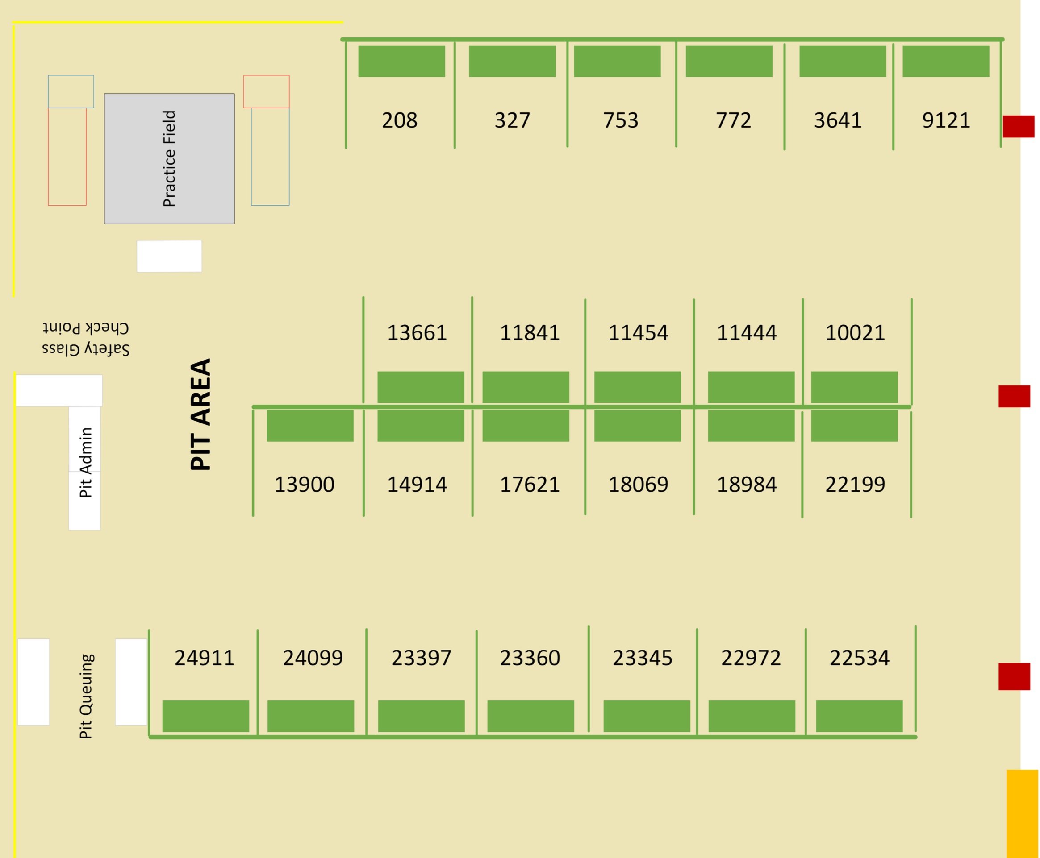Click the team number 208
pyautogui.click(x=399, y=120)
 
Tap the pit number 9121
pyautogui.click(x=945, y=120)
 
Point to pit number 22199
pyautogui.click(x=855, y=485)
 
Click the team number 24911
pyautogui.click(x=204, y=658)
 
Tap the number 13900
pyautogui.click(x=304, y=485)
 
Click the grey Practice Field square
pyautogui.click(x=169, y=159)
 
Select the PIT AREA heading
pyautogui.click(x=201, y=414)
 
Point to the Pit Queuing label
pyautogui.click(x=86, y=696)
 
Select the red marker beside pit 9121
pyautogui.click(x=1018, y=127)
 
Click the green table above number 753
pyautogui.click(x=617, y=61)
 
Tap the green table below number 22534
pyautogui.click(x=859, y=716)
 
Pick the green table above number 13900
pyautogui.click(x=309, y=426)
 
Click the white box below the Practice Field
pyautogui.click(x=169, y=256)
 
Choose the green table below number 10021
pyautogui.click(x=854, y=387)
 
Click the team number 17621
pyautogui.click(x=529, y=485)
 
